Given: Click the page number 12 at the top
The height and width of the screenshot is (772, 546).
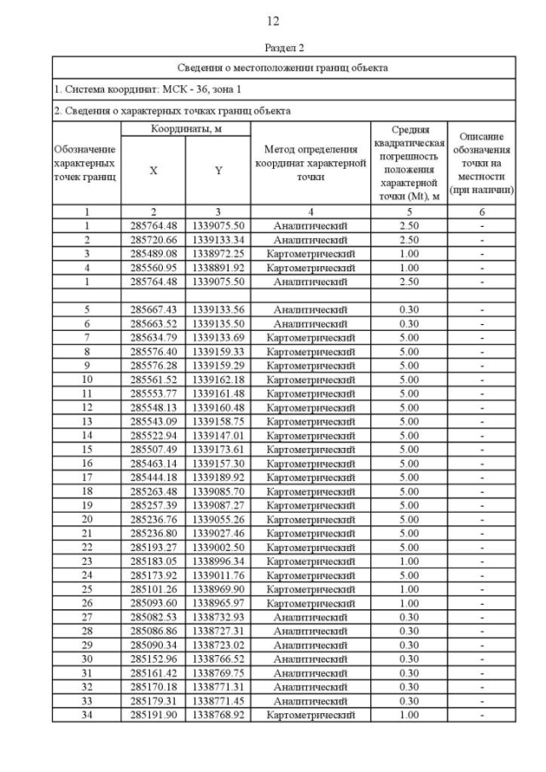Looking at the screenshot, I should pos(273,20).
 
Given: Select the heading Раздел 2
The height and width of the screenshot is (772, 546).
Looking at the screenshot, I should pos(273,48).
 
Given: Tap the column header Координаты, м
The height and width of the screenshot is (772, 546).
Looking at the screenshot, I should pos(185,128).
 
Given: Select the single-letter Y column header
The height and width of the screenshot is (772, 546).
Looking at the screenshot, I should pos(218,170).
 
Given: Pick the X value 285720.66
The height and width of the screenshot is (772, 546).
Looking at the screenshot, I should pos(154,240).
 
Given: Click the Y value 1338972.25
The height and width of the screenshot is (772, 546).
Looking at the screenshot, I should pos(218,253).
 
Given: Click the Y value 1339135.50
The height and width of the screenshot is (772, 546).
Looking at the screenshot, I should pos(218,322).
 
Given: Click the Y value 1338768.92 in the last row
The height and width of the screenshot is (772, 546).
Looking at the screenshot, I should pos(218,714).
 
